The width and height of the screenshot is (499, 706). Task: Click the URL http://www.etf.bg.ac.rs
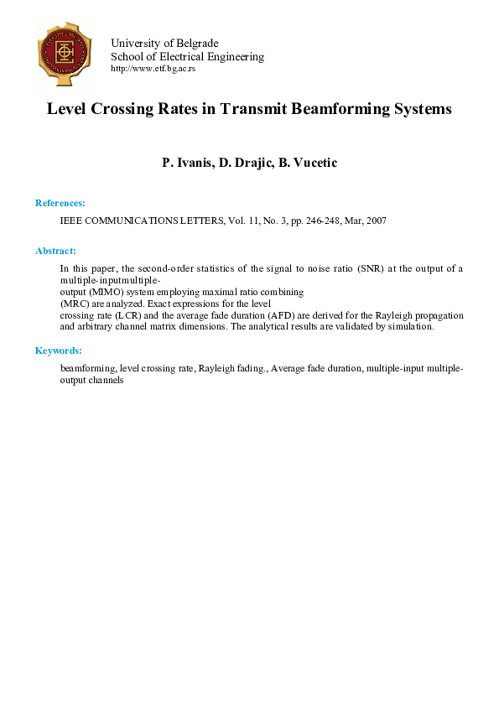point(153,69)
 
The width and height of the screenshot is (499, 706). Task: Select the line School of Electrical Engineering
point(187,56)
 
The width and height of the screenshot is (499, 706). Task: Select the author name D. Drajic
point(247,163)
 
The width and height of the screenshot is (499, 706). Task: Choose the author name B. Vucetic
point(308,163)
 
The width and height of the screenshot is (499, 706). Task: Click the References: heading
point(60,203)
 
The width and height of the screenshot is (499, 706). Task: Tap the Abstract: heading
point(55,251)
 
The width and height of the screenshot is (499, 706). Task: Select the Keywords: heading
point(58,350)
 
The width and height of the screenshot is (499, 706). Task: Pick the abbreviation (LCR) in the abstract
point(133,315)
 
